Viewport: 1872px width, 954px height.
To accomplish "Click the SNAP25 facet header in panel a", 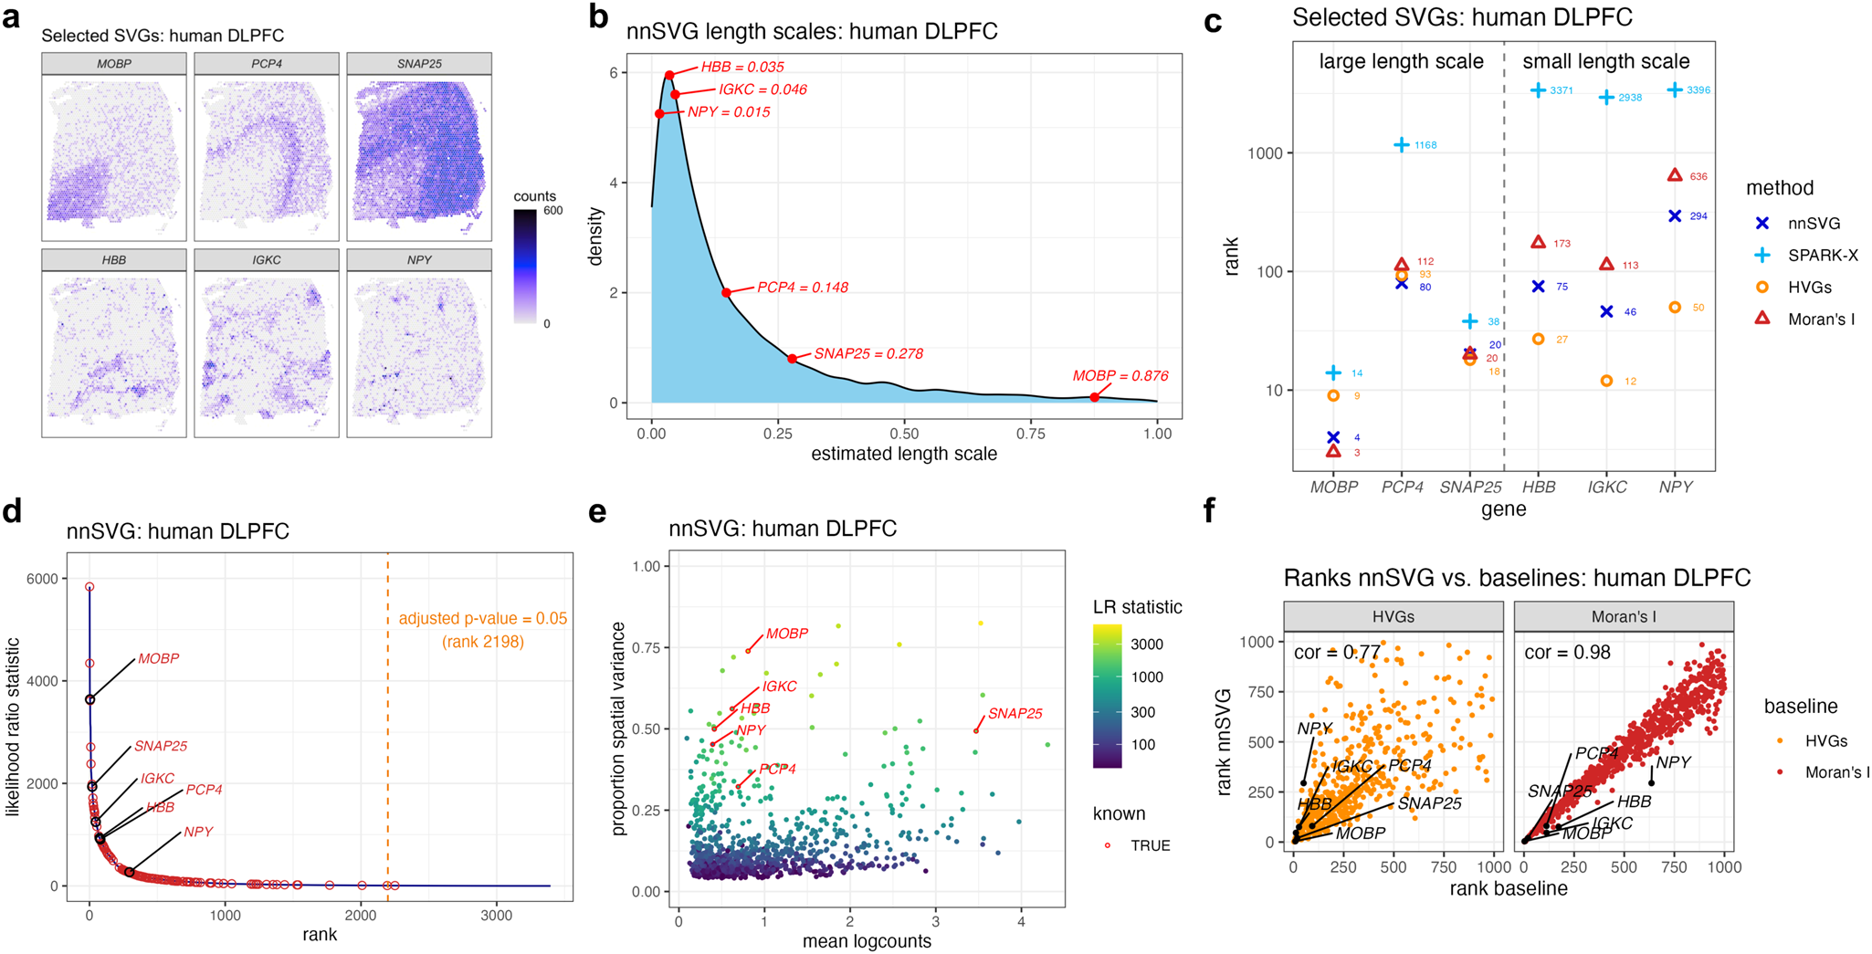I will click(x=419, y=64).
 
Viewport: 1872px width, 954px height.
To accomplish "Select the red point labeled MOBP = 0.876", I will click(x=1094, y=397).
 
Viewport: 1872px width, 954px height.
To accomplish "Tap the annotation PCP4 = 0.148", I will click(x=802, y=288).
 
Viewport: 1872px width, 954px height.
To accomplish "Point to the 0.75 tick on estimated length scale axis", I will click(x=1031, y=434).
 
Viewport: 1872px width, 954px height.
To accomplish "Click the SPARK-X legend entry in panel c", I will click(x=1823, y=256).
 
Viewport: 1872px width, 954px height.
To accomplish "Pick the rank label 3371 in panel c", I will click(x=1562, y=90).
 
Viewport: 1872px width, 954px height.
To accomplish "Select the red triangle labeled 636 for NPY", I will click(x=1675, y=175).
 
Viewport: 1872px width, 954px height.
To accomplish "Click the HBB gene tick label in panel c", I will click(x=1539, y=487).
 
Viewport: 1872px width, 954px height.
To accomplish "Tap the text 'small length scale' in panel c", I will click(x=1605, y=61).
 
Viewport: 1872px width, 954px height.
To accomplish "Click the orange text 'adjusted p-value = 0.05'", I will click(x=482, y=619).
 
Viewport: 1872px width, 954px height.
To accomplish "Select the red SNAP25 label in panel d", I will click(x=161, y=746).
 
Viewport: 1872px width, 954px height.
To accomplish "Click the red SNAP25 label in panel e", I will click(x=1015, y=714).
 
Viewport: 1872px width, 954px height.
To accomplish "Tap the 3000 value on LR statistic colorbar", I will click(x=1146, y=645).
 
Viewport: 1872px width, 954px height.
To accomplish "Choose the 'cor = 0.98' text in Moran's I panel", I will click(x=1567, y=653).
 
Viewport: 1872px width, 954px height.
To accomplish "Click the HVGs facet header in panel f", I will click(x=1393, y=617).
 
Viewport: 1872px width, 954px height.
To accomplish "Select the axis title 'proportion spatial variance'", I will click(x=618, y=729).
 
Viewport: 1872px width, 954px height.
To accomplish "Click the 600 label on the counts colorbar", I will click(x=553, y=211).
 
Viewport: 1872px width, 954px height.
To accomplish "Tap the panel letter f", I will click(x=1210, y=511).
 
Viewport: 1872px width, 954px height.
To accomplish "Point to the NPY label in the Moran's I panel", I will click(x=1673, y=762).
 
